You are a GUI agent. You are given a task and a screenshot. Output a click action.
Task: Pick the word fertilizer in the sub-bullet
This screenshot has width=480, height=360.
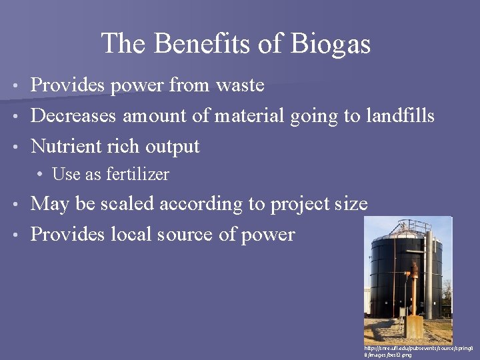(137, 175)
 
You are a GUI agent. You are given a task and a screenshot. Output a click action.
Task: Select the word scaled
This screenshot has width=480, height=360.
(131, 204)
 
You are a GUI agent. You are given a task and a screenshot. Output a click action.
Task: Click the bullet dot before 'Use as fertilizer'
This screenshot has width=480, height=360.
(41, 175)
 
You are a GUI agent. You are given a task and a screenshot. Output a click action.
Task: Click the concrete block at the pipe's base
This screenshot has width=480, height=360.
(415, 327)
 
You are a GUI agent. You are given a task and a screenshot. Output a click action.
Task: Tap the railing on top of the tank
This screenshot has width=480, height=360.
(403, 233)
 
